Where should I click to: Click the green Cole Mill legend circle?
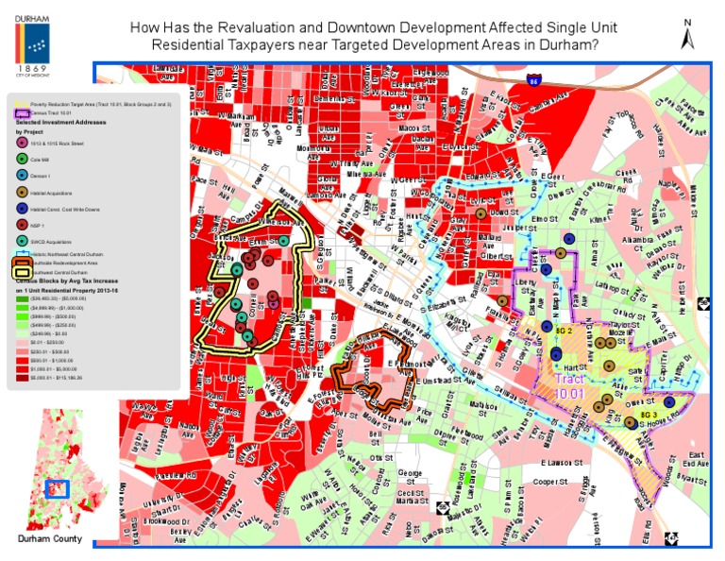[23, 161]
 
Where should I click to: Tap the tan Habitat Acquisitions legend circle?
[23, 192]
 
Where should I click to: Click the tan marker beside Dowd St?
[481, 214]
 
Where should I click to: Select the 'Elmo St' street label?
[546, 219]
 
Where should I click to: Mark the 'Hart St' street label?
[576, 365]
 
